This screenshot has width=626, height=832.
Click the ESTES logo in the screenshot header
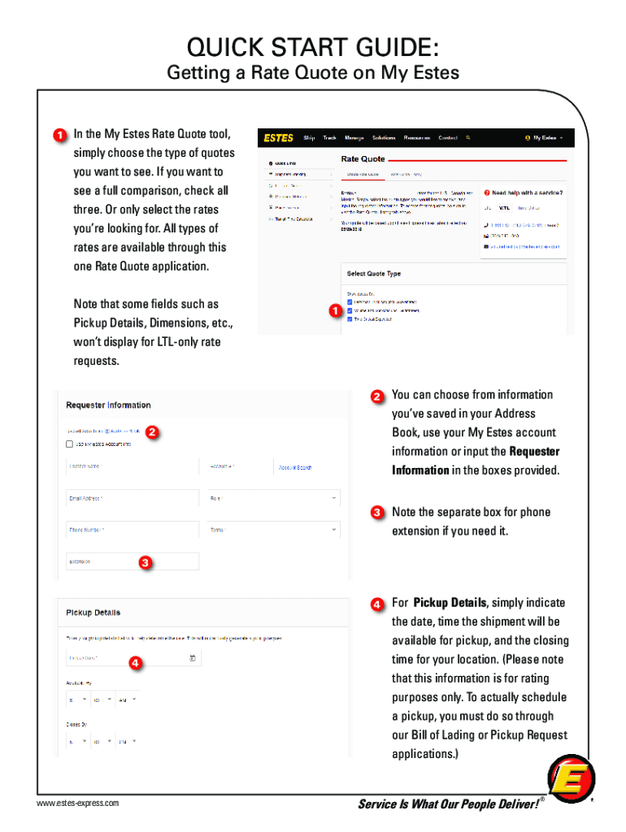click(x=278, y=138)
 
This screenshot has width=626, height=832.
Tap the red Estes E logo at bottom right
click(x=571, y=782)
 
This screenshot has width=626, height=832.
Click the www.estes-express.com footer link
click(x=77, y=804)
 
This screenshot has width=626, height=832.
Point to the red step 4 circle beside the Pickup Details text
click(x=378, y=604)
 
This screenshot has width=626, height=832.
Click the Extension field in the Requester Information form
click(x=132, y=561)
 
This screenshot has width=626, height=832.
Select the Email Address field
click(x=132, y=498)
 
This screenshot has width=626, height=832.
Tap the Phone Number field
click(x=132, y=530)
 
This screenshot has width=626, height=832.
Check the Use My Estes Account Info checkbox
click(x=70, y=444)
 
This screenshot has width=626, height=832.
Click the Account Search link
click(x=295, y=467)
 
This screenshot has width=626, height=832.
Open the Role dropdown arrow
click(x=334, y=498)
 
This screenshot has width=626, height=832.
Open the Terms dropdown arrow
click(x=334, y=530)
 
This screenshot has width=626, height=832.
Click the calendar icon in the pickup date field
click(x=192, y=657)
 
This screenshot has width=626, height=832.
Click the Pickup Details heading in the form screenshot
click(x=93, y=613)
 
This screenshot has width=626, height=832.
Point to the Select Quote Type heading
click(x=374, y=274)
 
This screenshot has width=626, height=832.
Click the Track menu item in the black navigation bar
click(x=329, y=138)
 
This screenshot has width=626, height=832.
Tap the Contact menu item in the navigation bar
click(x=448, y=138)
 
